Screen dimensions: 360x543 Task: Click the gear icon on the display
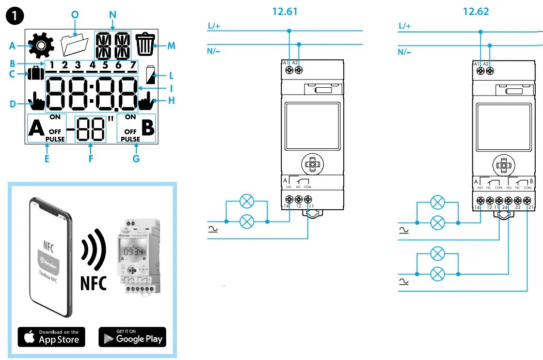41,45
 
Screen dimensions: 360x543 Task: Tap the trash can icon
145,44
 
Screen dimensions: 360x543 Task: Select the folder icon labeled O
75,45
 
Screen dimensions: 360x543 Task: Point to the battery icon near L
151,75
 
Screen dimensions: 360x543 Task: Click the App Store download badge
52,337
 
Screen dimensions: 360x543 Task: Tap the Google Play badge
132,337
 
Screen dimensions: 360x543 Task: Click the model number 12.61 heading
285,11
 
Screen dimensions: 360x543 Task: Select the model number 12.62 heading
476,11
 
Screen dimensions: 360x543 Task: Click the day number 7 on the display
133,65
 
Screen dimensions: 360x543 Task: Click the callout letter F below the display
90,159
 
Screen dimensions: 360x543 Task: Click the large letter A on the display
37,129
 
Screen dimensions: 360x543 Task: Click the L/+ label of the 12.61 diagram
215,25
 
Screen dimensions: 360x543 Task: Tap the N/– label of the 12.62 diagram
405,52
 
